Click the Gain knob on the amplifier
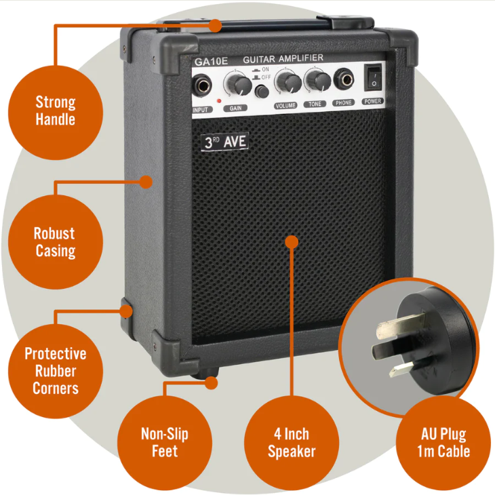(x=237, y=84)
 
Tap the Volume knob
(x=288, y=82)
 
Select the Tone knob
(x=315, y=81)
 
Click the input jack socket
(x=203, y=86)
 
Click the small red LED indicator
(x=219, y=102)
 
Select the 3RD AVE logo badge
(x=225, y=142)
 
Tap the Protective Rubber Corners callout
(x=56, y=371)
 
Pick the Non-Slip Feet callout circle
(x=165, y=442)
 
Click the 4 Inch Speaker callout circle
(x=292, y=442)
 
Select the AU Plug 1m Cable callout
(x=443, y=442)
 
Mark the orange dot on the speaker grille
(x=292, y=242)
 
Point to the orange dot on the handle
(x=215, y=26)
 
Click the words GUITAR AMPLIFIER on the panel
(x=283, y=58)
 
